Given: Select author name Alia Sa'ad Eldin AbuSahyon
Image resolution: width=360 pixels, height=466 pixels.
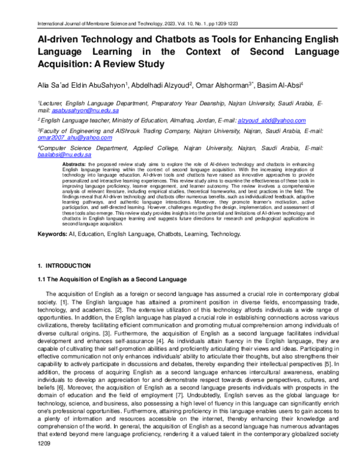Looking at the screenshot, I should tap(82, 83).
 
